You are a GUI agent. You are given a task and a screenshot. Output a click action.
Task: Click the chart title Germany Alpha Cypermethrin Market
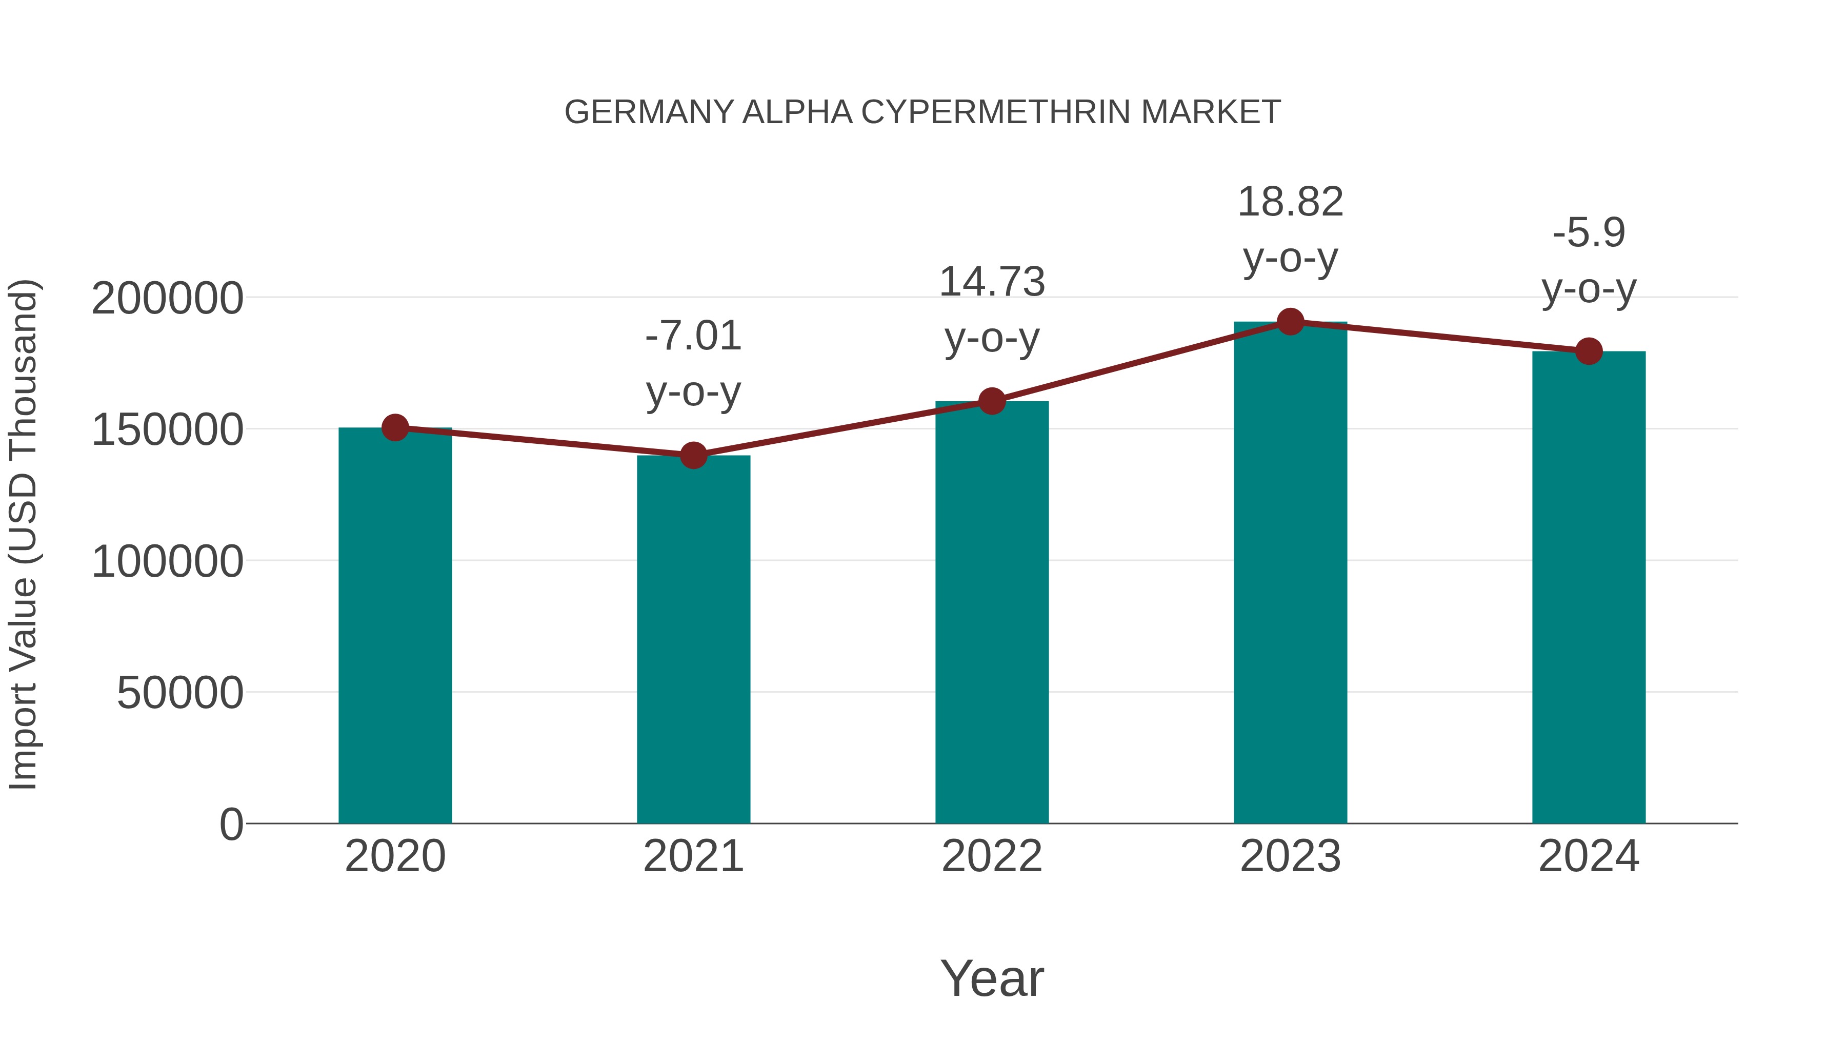tap(922, 112)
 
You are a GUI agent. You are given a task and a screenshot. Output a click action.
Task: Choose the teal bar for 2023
tap(1290, 573)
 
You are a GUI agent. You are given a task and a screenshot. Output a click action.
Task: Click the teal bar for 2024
tap(1589, 587)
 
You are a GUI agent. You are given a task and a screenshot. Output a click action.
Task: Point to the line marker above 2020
tap(395, 428)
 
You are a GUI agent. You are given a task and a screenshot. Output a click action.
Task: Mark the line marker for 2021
tap(693, 455)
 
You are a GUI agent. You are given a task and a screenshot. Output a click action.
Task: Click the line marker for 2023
tap(1290, 322)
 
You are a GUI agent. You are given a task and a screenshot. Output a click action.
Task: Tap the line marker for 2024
tap(1589, 351)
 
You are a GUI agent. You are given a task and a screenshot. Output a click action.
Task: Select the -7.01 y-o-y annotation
tap(693, 364)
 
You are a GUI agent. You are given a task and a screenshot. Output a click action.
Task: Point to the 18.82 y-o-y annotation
tap(1290, 229)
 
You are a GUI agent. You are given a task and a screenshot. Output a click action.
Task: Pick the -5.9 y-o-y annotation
tap(1589, 260)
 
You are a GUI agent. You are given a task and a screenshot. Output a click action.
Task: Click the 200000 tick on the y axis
tap(167, 298)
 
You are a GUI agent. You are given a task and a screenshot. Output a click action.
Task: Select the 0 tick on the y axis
tap(231, 824)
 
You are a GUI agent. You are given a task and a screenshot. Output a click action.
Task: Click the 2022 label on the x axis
tap(992, 856)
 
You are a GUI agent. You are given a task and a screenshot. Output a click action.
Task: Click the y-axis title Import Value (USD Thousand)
tap(23, 535)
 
